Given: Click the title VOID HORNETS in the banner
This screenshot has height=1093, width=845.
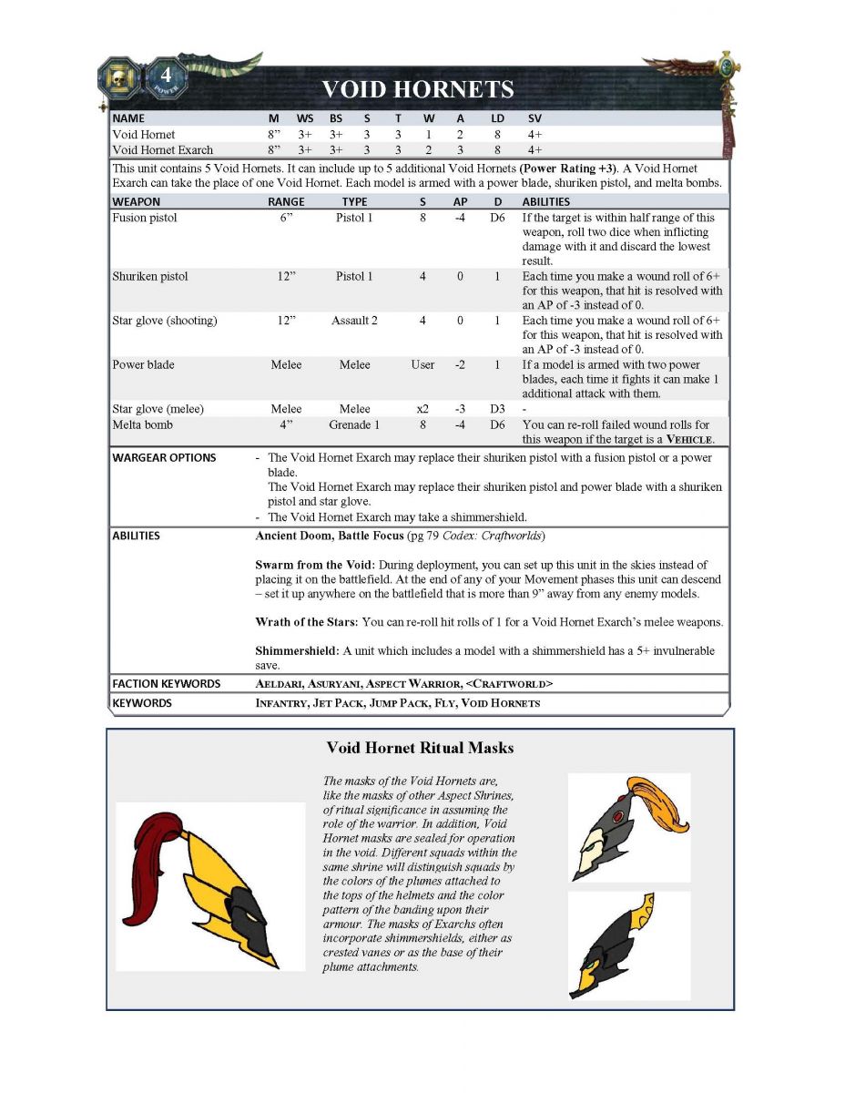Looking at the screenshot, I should coord(418,89).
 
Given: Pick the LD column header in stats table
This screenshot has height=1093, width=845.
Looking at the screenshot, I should coord(498,118).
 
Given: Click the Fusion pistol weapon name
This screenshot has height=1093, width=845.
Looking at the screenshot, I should coord(145,218).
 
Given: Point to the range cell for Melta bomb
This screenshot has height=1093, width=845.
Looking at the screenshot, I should coord(285,424).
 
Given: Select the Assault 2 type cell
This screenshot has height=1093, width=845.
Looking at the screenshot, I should coord(354,321).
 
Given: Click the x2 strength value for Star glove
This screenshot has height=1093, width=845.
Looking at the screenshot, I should coord(422,409).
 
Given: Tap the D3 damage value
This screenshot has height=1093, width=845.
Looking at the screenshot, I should coord(496,409).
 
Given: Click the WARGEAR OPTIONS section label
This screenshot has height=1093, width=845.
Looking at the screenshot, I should coord(164,458).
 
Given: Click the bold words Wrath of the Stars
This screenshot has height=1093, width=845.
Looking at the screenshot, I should coord(306,623).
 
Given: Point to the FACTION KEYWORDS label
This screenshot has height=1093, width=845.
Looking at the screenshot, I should coord(166,684).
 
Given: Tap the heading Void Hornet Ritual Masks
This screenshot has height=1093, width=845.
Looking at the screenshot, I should coord(420,749).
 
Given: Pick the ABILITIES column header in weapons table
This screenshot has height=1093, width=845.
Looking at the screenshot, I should coord(545,201).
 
